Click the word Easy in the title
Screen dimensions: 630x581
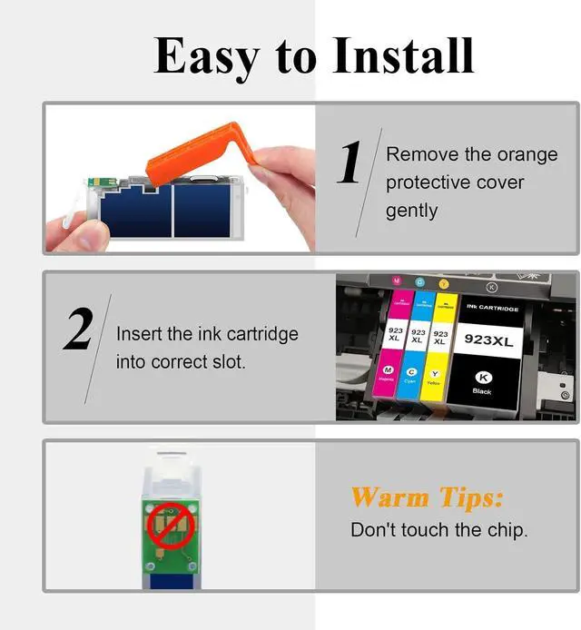tap(208, 56)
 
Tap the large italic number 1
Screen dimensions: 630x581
tap(350, 163)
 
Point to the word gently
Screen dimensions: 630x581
tap(411, 211)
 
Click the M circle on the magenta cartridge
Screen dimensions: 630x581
tap(389, 371)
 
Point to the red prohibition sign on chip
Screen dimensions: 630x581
tap(166, 526)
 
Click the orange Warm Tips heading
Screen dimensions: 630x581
tap(426, 497)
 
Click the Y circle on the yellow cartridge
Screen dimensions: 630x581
tap(435, 374)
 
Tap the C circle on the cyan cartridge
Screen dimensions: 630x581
tap(411, 372)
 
